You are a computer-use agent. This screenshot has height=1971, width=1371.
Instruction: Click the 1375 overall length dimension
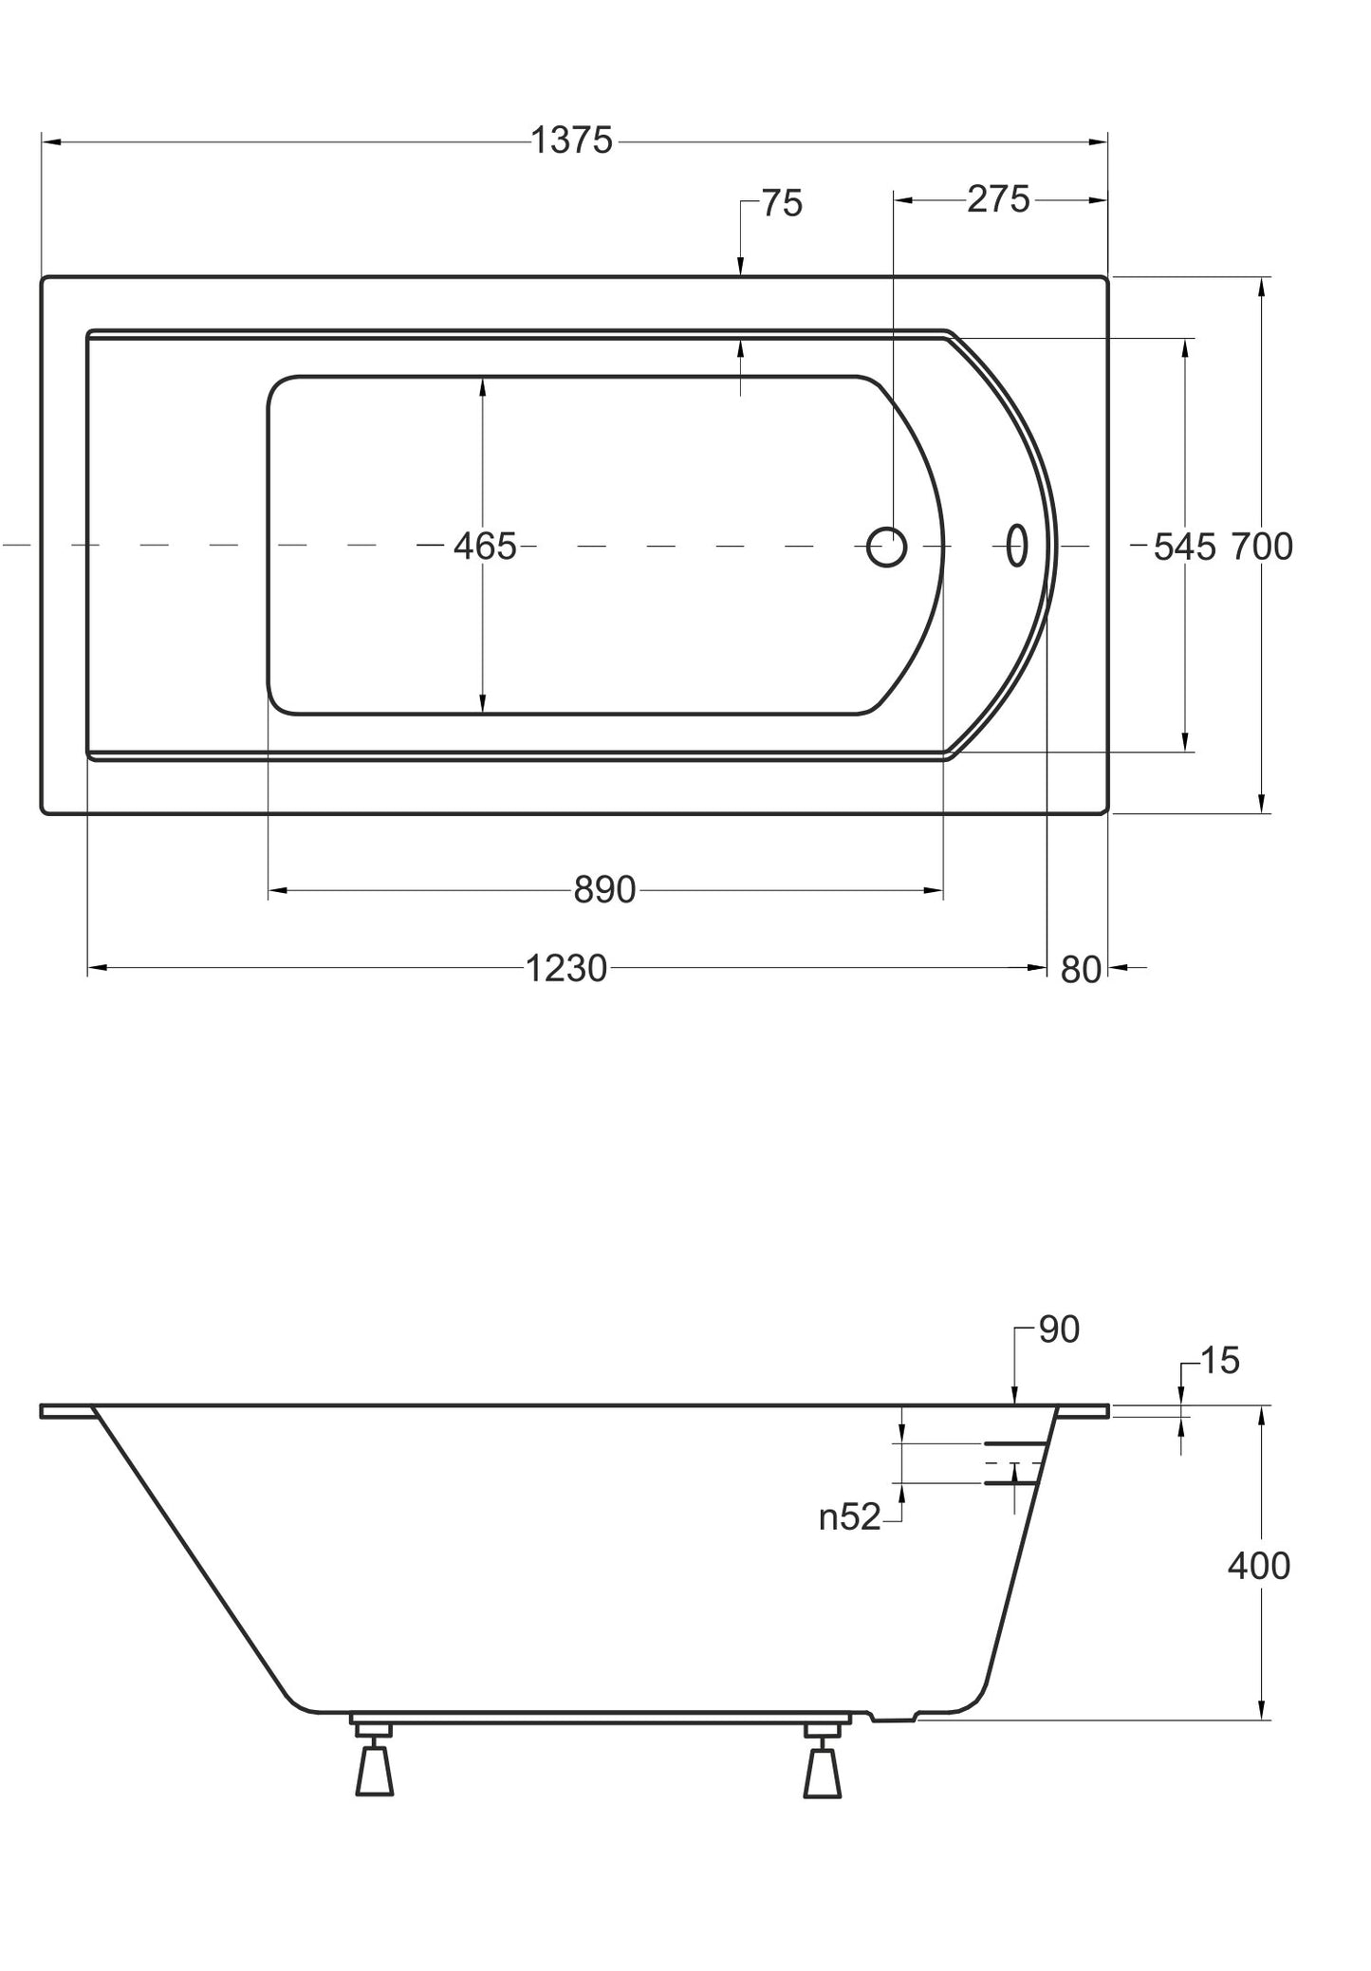[x=571, y=140]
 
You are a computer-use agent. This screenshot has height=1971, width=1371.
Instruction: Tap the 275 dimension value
[x=998, y=199]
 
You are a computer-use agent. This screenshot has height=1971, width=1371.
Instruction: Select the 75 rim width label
[x=782, y=203]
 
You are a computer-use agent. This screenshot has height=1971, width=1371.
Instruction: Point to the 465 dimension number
[x=485, y=547]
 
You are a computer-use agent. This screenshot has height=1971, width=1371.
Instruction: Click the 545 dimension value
[x=1184, y=547]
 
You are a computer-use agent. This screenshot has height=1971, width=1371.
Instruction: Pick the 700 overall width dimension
[x=1262, y=547]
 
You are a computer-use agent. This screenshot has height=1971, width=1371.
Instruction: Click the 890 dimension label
[x=604, y=890]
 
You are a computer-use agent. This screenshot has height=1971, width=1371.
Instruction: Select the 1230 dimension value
[x=565, y=968]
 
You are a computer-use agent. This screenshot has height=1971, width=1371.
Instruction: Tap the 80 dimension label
[x=1081, y=970]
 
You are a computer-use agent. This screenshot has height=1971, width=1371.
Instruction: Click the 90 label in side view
[x=1059, y=1329]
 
